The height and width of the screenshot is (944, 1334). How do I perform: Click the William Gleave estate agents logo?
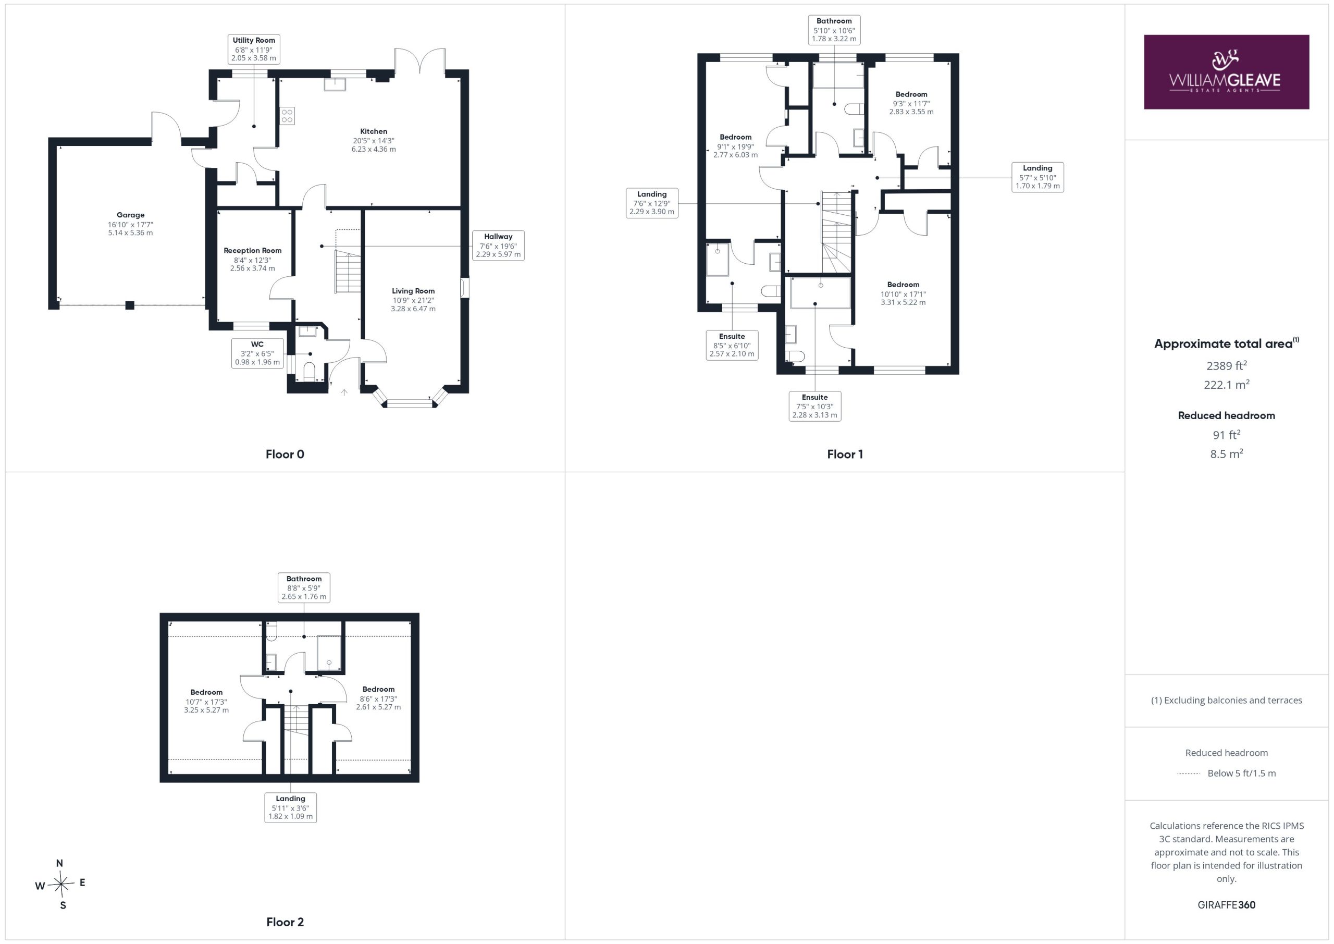coord(1226,72)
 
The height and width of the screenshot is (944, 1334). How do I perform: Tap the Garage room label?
coord(130,215)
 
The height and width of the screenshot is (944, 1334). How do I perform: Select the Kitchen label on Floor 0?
coord(374,131)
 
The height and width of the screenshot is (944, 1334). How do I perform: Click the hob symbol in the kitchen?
coord(287,116)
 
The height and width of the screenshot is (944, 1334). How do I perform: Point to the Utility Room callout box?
coord(254,49)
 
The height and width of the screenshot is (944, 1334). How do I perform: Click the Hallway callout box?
coord(498,246)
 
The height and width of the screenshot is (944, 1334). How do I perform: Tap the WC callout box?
coord(257,353)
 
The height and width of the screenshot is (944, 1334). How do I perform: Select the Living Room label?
coord(413,291)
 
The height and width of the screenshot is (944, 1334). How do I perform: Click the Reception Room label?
coord(253,251)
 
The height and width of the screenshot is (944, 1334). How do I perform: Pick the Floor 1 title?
coord(845,455)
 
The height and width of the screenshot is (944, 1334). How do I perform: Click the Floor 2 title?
coord(285,922)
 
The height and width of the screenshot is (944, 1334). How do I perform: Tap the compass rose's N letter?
coord(59,863)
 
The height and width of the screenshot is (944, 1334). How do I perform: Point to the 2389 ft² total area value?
coord(1227,365)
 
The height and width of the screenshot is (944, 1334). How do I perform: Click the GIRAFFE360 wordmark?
coord(1227,905)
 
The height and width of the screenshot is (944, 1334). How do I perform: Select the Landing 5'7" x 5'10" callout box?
coord(1037,177)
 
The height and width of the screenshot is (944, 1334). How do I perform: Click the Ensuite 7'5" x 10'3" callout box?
coord(814,406)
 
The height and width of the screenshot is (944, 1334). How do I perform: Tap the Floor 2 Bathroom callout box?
coord(304,587)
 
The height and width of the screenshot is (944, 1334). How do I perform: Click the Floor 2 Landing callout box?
coord(290,808)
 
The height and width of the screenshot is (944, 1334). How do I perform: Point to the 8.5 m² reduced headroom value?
coord(1227,454)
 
